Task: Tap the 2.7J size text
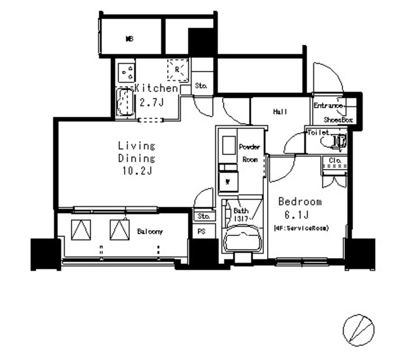[x=152, y=101]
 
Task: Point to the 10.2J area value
[x=136, y=170]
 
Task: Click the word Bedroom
[x=301, y=202]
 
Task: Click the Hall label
[x=280, y=112]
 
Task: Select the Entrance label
[x=328, y=106]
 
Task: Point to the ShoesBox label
[x=338, y=119]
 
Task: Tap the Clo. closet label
[x=335, y=161]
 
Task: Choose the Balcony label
[x=150, y=232]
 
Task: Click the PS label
[x=202, y=232]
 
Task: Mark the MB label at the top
[x=129, y=39]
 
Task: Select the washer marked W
[x=227, y=183]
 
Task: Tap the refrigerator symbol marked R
[x=178, y=69]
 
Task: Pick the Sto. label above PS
[x=202, y=216]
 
